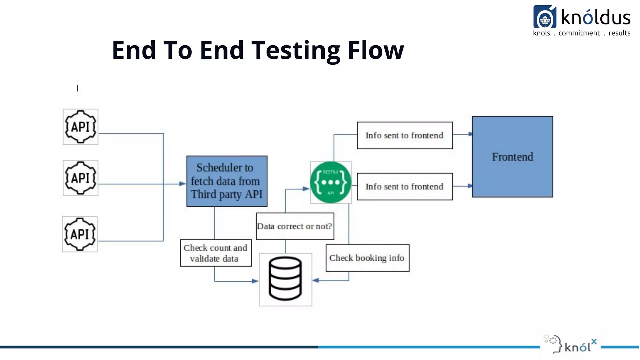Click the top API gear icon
80,127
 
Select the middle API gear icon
80,178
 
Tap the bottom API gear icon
80,234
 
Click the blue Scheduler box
227,181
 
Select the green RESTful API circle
331,182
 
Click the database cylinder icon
285,278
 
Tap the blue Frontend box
512,157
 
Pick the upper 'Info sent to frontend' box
405,135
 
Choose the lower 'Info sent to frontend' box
405,187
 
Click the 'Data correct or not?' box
295,226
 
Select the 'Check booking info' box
367,258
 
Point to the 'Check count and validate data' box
216,253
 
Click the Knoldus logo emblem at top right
545,17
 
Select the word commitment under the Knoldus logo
579,33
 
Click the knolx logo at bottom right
571,344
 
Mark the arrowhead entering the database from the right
316,280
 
